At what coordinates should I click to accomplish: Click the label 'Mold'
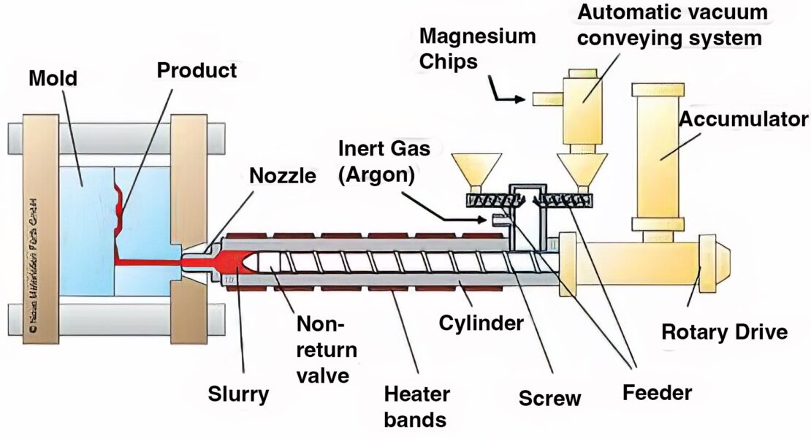click(53, 78)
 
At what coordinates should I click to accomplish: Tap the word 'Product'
click(197, 71)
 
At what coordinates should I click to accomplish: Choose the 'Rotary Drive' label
click(724, 332)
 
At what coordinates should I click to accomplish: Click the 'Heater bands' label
click(416, 407)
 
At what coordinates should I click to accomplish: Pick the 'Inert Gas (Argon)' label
click(384, 161)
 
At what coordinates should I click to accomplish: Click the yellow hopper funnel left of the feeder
click(476, 170)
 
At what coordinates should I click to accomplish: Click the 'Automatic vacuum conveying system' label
click(672, 24)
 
